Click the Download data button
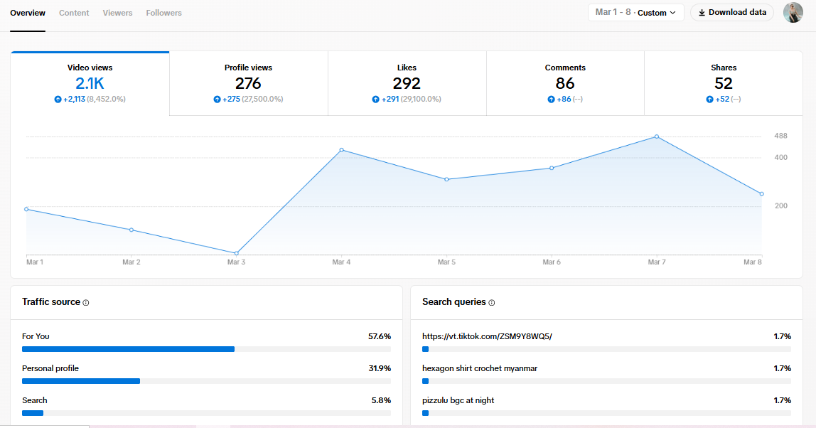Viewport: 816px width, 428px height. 731,13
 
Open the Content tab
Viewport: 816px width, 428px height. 74,13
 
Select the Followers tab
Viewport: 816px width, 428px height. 163,13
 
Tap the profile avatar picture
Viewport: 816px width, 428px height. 793,13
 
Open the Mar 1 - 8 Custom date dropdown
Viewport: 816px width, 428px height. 635,13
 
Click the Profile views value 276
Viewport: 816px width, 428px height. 248,83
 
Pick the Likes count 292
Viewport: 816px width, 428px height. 407,83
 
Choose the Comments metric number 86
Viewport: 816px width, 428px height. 565,83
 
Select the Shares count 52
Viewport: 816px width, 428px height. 724,83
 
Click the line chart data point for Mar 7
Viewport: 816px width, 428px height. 657,137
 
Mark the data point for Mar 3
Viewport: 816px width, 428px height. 237,253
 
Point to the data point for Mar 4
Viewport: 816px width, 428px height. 342,150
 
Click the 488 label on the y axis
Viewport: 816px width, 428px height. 780,137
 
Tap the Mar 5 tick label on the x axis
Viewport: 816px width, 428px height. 446,262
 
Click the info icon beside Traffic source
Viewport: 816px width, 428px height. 86,303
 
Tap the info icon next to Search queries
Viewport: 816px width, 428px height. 492,303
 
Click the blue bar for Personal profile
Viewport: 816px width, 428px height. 81,381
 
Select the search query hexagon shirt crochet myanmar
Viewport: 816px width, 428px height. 479,368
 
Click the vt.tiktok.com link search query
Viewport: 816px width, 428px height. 487,336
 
